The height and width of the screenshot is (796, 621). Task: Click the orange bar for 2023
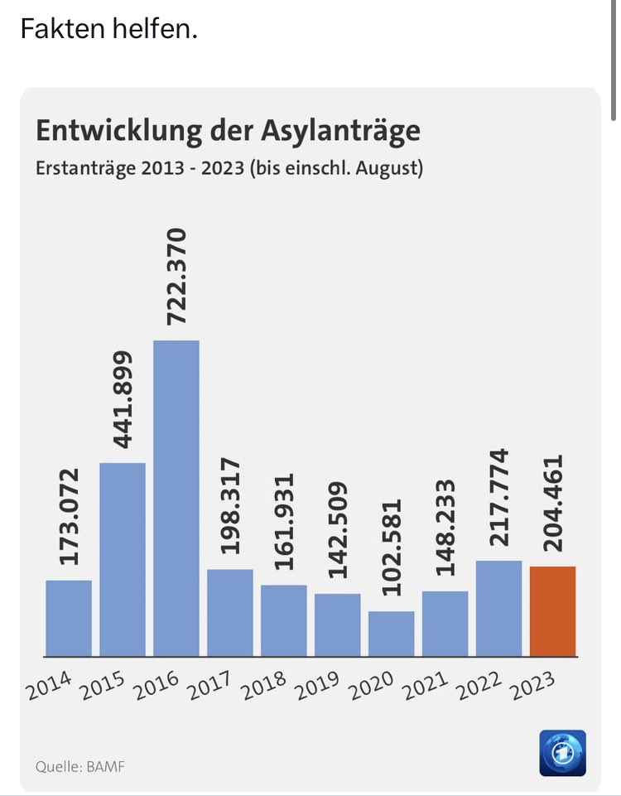point(552,611)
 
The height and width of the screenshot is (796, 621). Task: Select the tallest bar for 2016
point(176,498)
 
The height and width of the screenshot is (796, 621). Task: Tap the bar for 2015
point(123,559)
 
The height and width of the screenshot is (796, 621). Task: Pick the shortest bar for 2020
point(391,634)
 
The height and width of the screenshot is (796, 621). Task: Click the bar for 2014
point(69,618)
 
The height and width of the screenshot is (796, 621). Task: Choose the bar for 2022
point(498,608)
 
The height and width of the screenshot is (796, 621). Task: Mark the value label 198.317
point(230,505)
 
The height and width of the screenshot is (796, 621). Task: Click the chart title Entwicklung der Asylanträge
point(227,131)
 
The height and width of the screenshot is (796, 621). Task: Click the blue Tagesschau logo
point(562,752)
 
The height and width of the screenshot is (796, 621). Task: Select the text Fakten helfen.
point(108,30)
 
